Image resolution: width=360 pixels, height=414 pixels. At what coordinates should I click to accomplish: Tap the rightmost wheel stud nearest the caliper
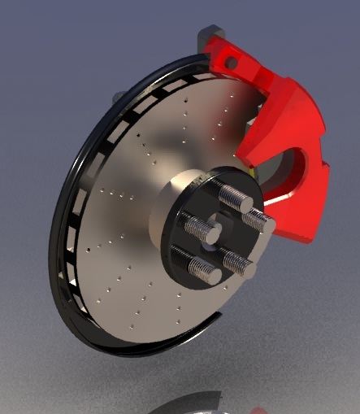258,220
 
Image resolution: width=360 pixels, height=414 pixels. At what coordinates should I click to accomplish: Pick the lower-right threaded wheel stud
237,262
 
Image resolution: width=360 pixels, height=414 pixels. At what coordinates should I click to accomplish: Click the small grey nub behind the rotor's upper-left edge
119,96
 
